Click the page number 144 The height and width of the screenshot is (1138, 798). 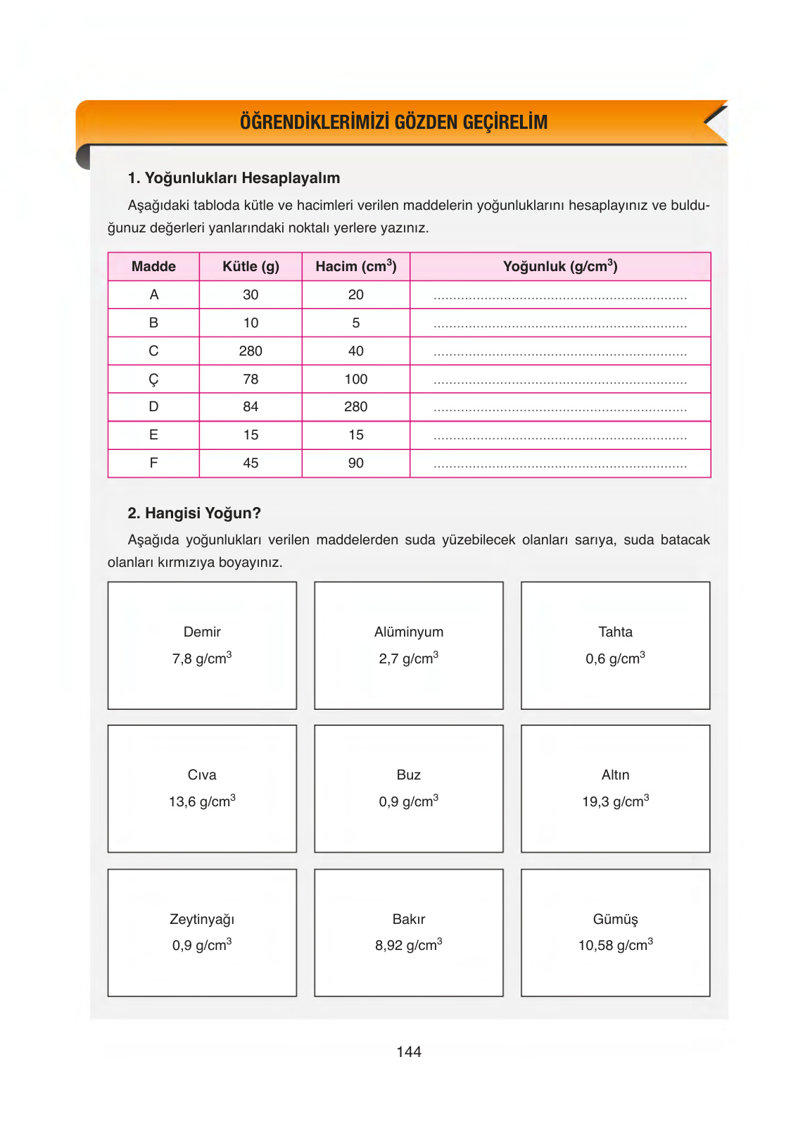pos(408,1051)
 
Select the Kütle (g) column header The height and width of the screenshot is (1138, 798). pos(251,266)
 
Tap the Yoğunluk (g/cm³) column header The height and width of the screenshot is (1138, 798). pos(560,266)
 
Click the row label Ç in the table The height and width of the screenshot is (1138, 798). pos(153,380)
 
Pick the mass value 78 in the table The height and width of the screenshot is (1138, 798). pos(251,379)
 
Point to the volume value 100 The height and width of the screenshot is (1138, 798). pos(355,379)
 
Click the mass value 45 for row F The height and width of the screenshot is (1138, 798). pos(251,463)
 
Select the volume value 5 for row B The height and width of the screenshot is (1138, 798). pos(355,323)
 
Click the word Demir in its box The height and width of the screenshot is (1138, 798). pos(202,632)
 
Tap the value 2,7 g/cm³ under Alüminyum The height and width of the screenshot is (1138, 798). pos(408,658)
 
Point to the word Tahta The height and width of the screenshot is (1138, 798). pos(615,632)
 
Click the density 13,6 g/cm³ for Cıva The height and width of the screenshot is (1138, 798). pos(202,801)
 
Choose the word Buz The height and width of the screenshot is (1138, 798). pos(408,775)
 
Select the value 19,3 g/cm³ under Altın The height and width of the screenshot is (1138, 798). pos(615,801)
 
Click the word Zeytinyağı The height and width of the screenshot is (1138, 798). pos(202,919)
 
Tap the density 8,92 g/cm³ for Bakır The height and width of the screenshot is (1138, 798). pos(408,945)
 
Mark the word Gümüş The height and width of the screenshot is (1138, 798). pos(615,919)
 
